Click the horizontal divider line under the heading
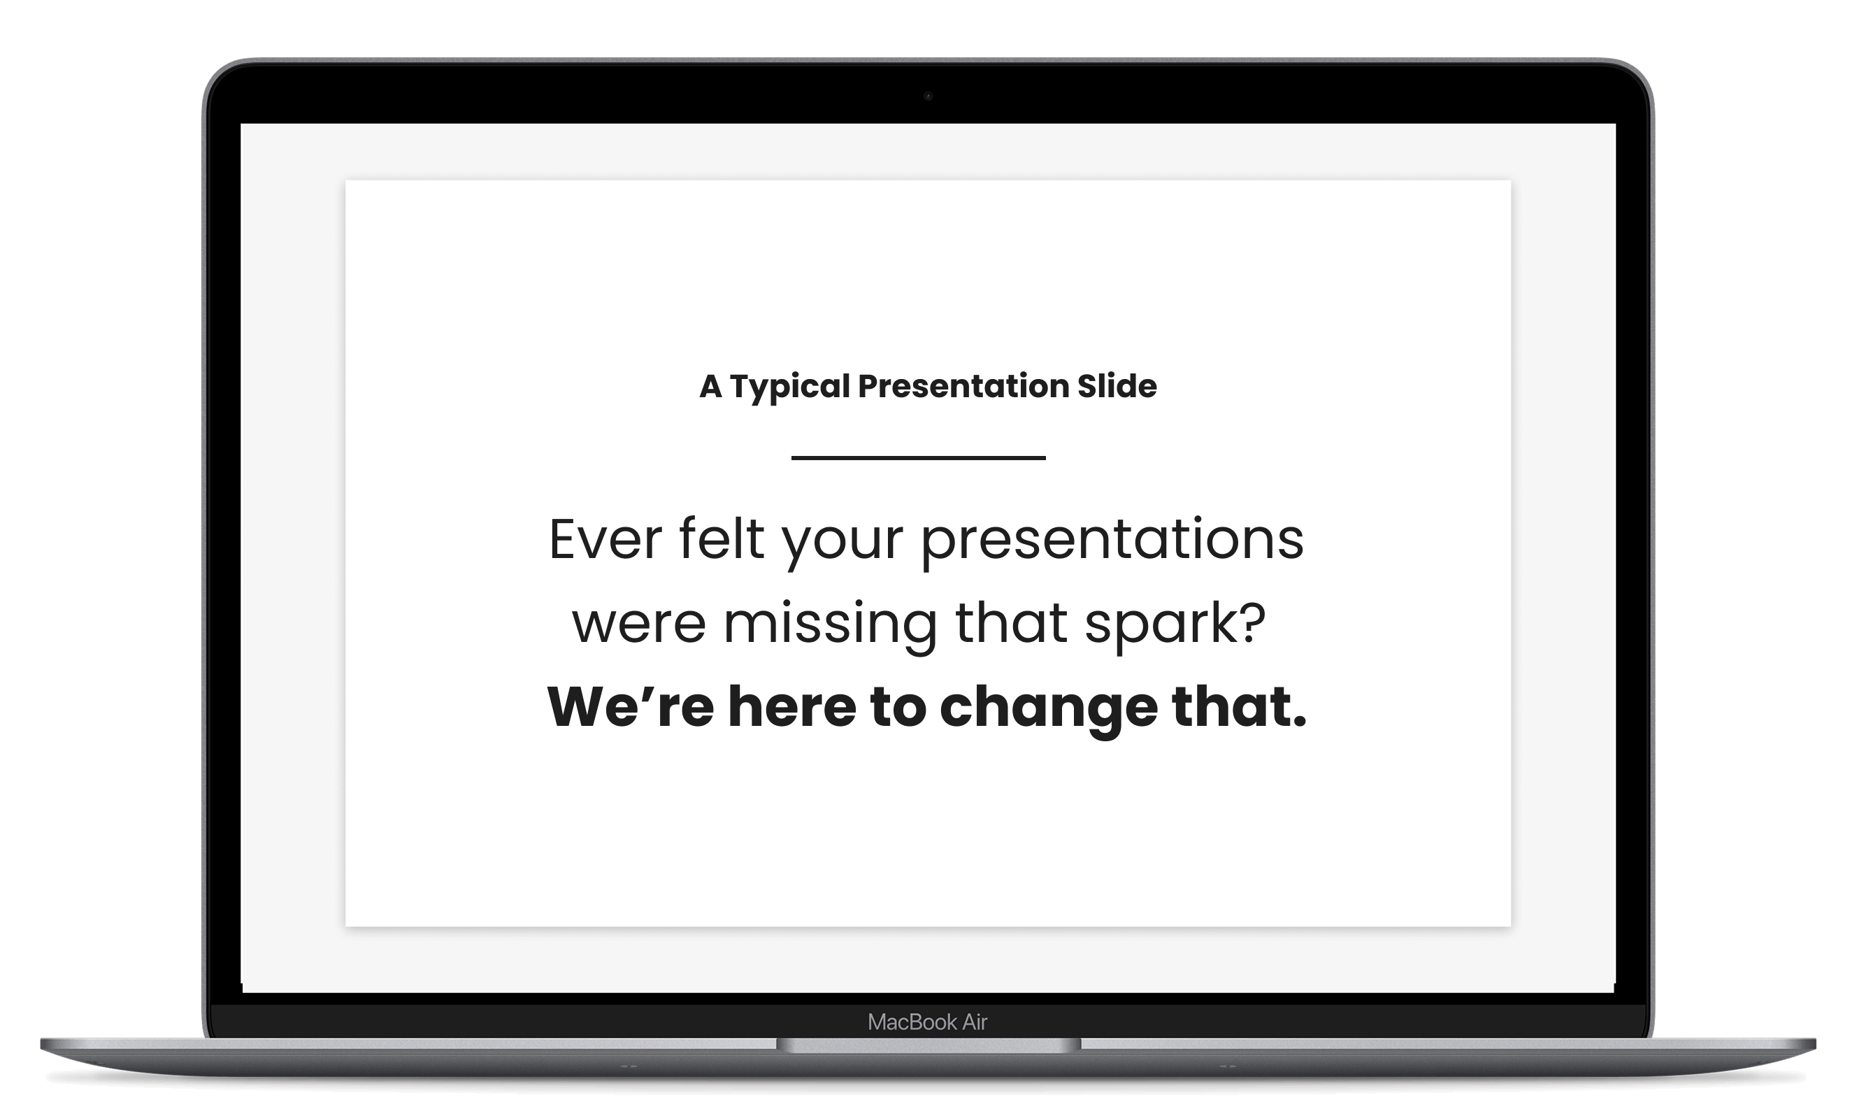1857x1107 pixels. coord(918,457)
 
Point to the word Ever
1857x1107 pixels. coord(605,538)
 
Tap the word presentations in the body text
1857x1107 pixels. coord(1112,541)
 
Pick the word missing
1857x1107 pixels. coord(830,625)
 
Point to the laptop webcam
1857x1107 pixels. coord(928,96)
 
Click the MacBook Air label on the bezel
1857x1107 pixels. coord(927,1022)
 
